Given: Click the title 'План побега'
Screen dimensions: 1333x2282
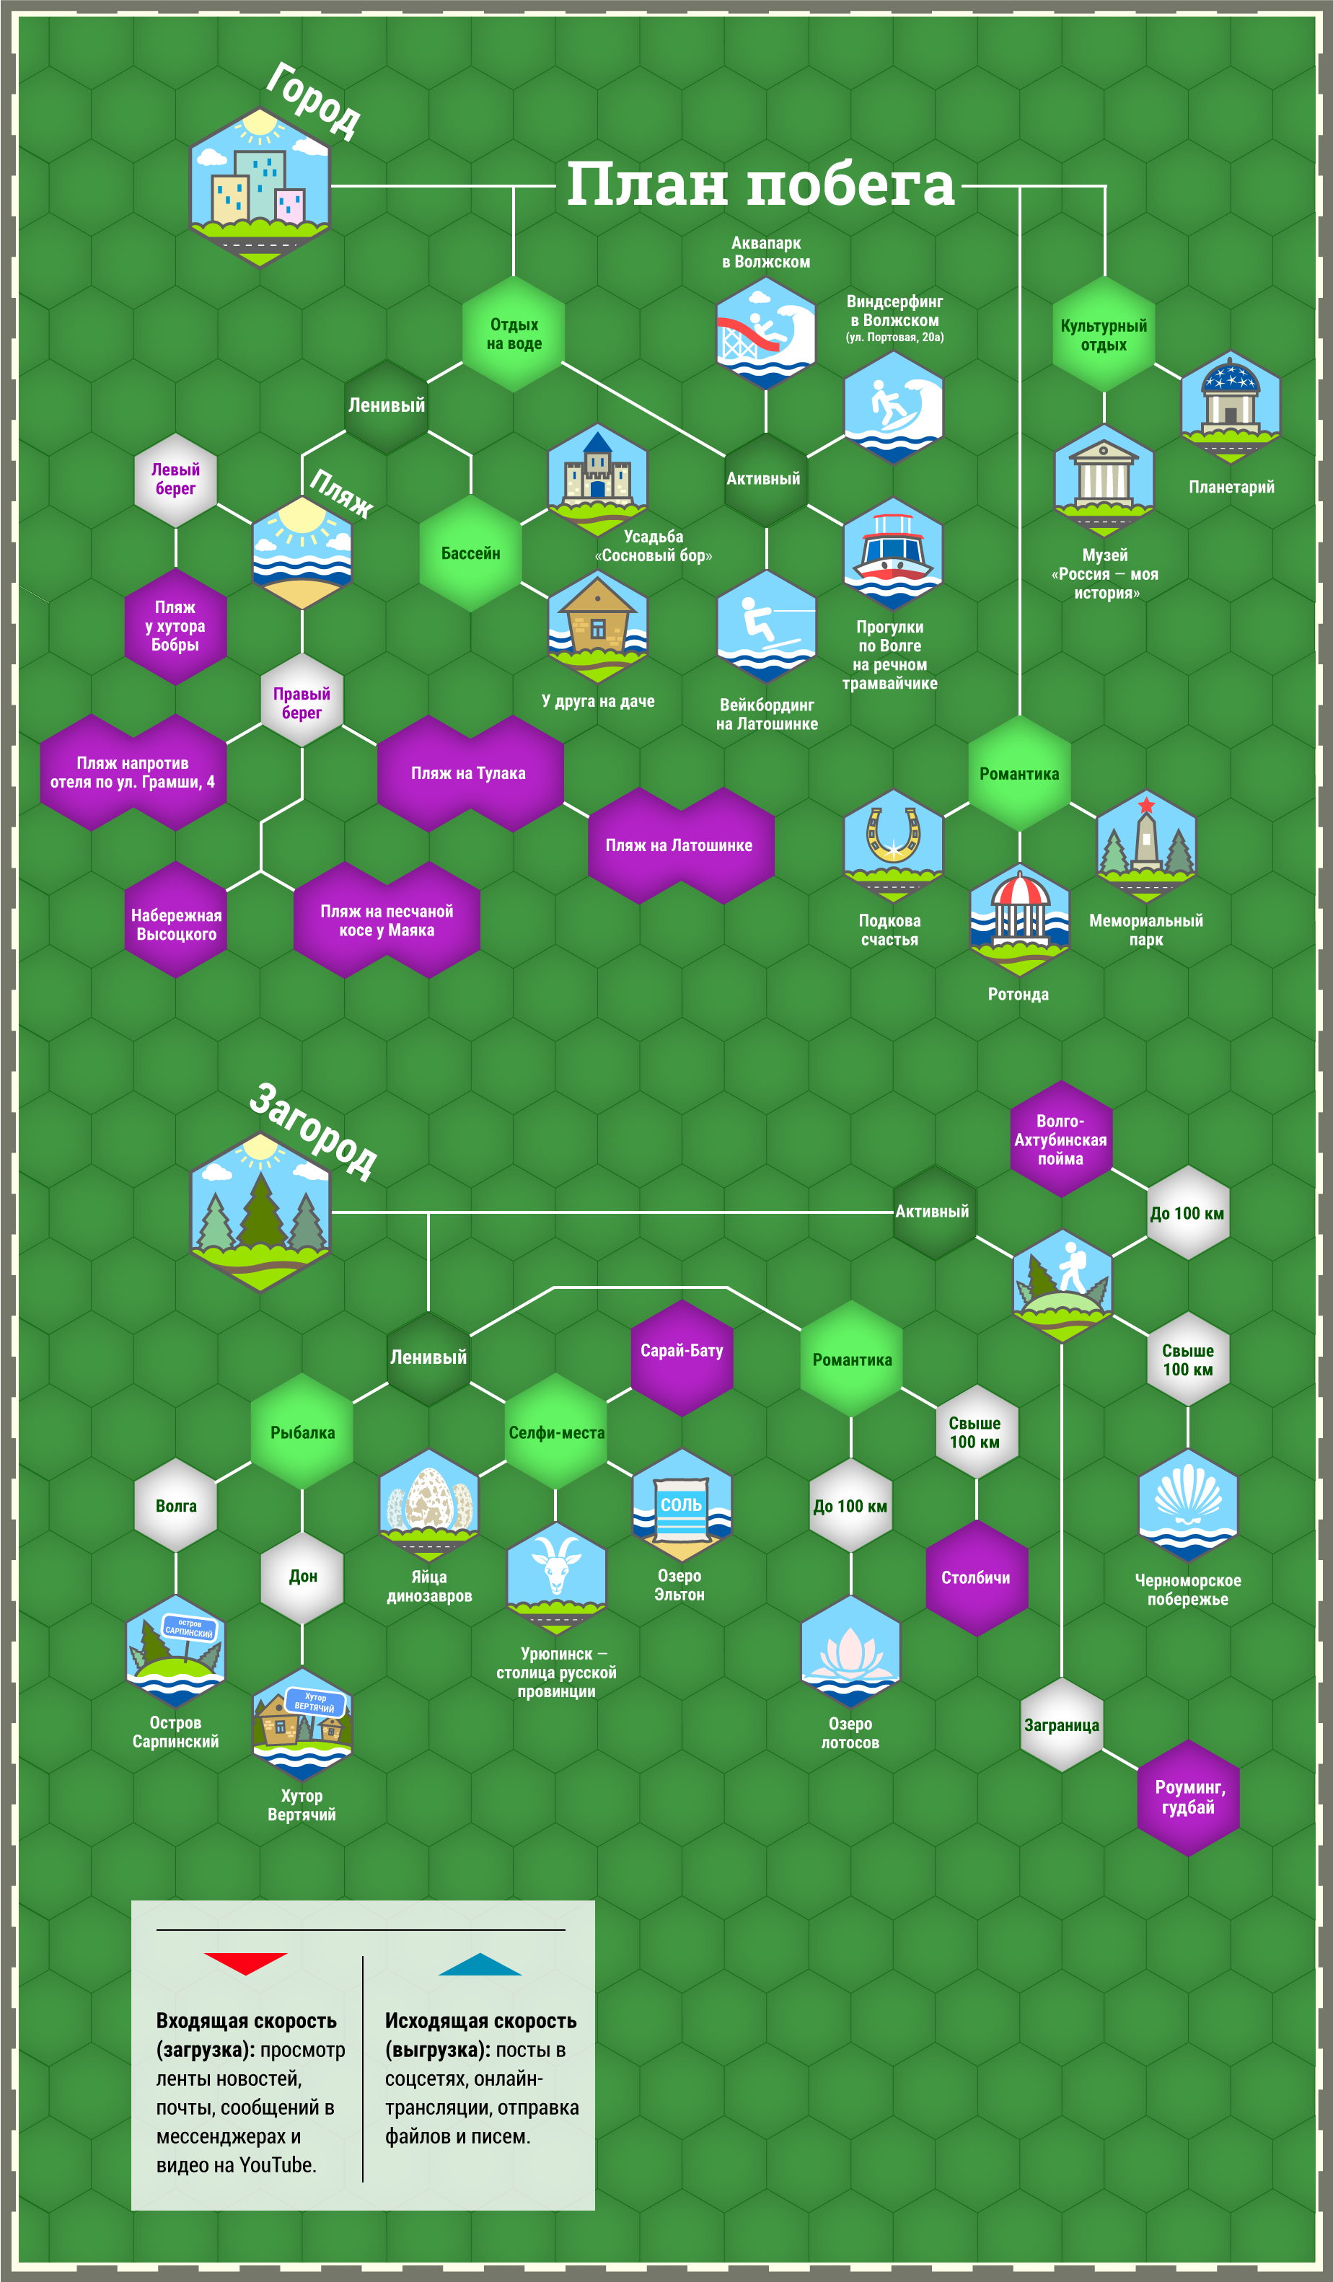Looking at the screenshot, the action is tap(761, 185).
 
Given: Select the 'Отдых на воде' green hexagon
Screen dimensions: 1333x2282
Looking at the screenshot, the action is tap(514, 334).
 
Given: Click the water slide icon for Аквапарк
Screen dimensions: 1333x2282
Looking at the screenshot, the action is tap(766, 333).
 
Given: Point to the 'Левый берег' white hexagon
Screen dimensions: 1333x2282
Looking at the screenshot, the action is tap(176, 480).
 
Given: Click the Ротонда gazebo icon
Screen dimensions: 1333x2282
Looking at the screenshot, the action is tap(1020, 917).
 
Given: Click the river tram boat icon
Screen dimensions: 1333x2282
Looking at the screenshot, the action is tap(893, 553).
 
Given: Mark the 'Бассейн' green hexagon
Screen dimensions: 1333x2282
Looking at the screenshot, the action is tap(471, 553).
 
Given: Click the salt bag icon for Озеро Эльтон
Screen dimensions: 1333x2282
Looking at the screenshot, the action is tap(682, 1506).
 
